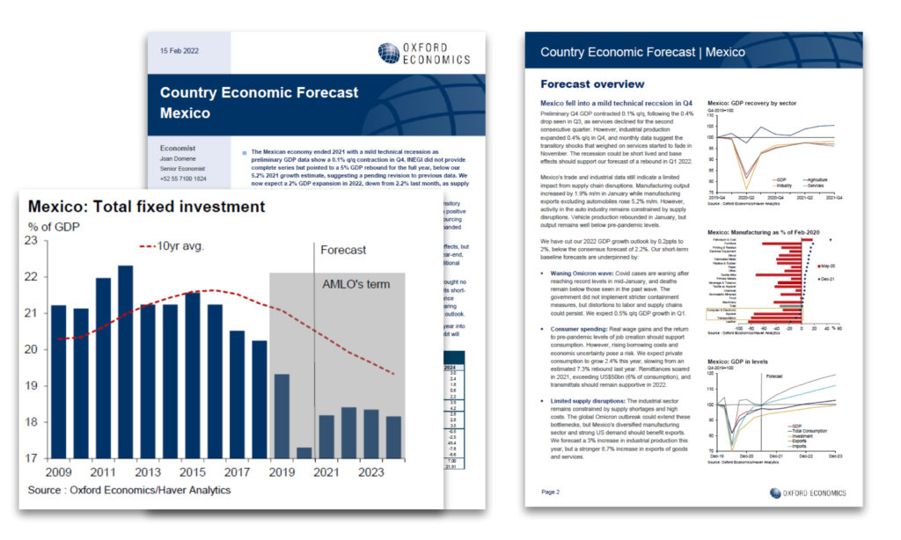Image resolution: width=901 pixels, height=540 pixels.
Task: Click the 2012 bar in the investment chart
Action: click(126, 361)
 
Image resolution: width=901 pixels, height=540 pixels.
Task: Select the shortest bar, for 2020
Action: click(304, 452)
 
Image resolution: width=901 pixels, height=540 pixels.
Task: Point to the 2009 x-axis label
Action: click(58, 471)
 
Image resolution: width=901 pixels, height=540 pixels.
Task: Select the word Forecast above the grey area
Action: click(343, 250)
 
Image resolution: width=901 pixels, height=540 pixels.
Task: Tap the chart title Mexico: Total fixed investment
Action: click(146, 208)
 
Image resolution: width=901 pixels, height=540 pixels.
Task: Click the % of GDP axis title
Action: click(55, 227)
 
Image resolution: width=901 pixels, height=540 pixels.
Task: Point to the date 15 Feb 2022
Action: click(179, 51)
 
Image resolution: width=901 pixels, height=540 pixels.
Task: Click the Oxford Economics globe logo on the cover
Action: click(388, 53)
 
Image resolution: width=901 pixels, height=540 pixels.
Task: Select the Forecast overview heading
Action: click(591, 84)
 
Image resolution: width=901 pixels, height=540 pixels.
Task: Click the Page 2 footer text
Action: click(551, 492)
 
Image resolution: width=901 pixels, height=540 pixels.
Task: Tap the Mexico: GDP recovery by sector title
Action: click(751, 104)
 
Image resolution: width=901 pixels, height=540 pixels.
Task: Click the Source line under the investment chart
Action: click(129, 490)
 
